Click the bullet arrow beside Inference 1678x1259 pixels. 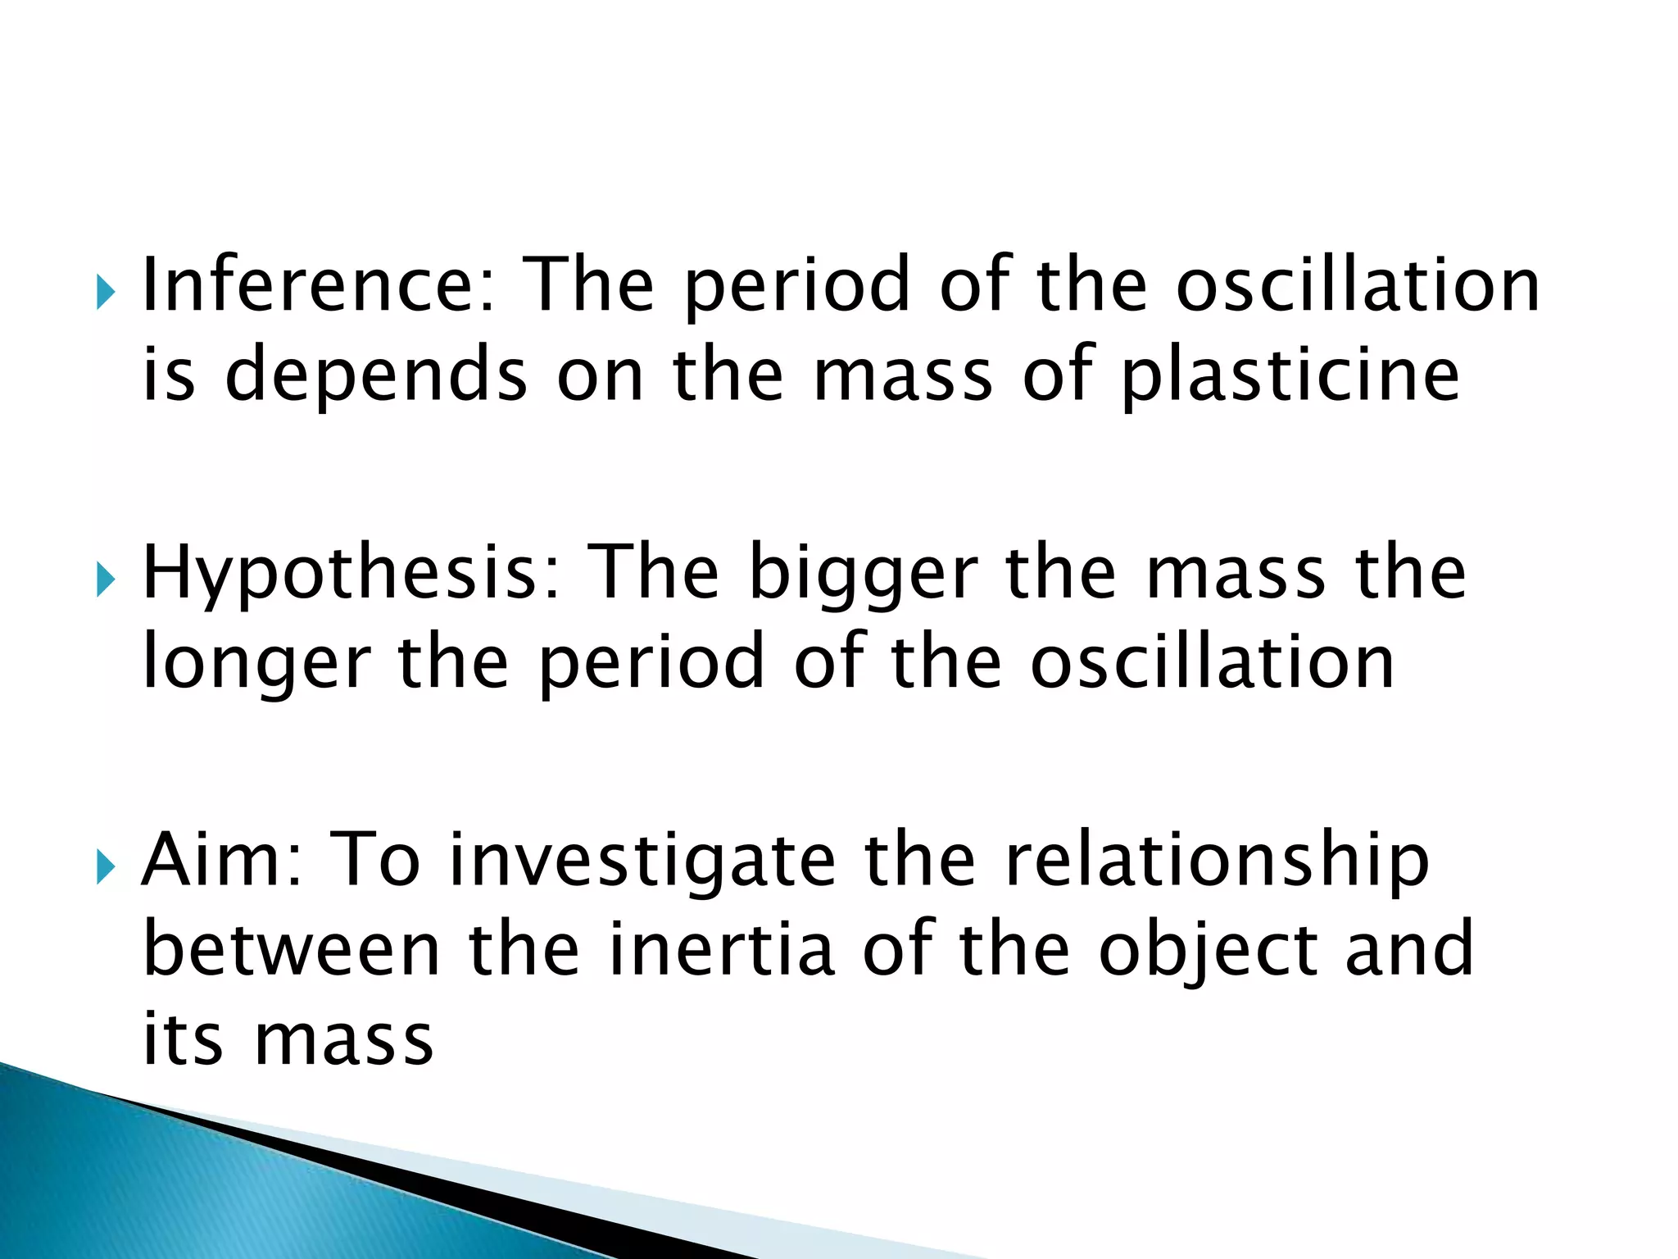click(106, 291)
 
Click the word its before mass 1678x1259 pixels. click(183, 1039)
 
